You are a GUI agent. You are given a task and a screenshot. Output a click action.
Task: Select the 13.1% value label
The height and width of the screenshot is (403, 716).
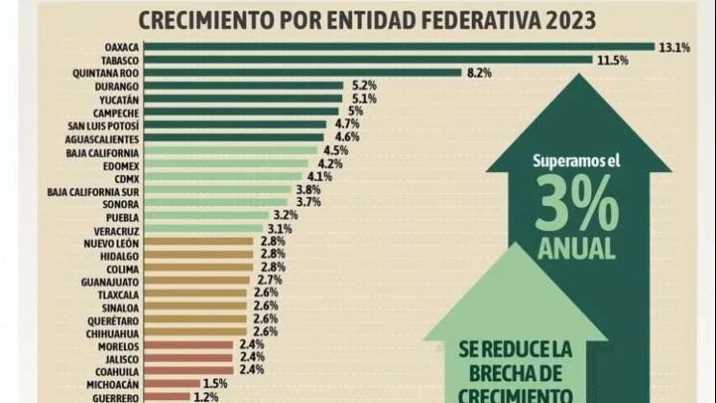point(675,45)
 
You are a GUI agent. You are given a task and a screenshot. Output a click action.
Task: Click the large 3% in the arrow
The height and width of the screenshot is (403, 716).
point(575,200)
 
